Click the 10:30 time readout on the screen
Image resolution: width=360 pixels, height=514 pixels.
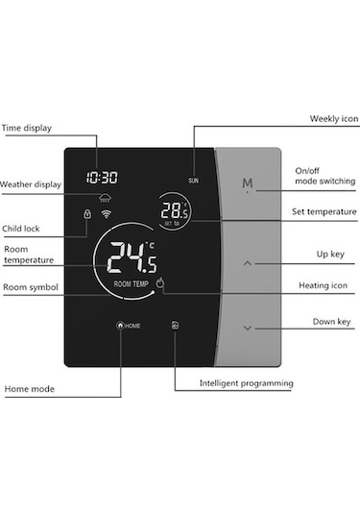(x=101, y=178)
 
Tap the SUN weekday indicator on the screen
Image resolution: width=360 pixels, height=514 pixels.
(x=193, y=180)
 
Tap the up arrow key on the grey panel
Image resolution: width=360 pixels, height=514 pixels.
(x=248, y=261)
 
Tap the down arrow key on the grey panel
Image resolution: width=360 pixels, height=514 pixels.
(x=248, y=328)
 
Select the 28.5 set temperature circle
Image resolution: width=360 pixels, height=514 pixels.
(x=175, y=212)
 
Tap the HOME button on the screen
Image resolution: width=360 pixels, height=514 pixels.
(x=128, y=326)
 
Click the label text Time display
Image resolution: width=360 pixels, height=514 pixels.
(x=27, y=127)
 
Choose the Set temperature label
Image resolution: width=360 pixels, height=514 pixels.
(x=324, y=211)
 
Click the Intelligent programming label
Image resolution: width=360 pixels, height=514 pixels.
(x=246, y=383)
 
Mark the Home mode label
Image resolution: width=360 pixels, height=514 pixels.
(x=28, y=388)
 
